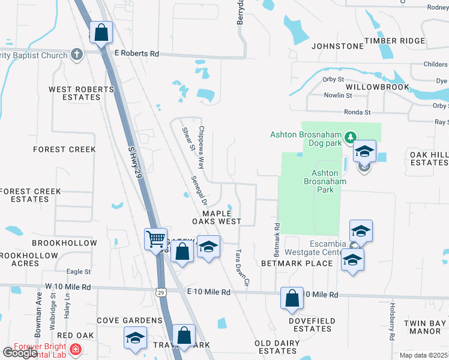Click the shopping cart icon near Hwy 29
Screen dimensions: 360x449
155,239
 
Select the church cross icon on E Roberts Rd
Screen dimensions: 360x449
76,55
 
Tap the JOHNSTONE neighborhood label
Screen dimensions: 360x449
337,46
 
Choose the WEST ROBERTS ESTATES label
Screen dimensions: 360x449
81,93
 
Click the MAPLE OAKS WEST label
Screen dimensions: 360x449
217,217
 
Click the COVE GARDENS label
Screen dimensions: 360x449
130,320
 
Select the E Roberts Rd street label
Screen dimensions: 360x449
136,54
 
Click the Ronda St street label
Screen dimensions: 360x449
357,112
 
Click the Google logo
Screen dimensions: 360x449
20,353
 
